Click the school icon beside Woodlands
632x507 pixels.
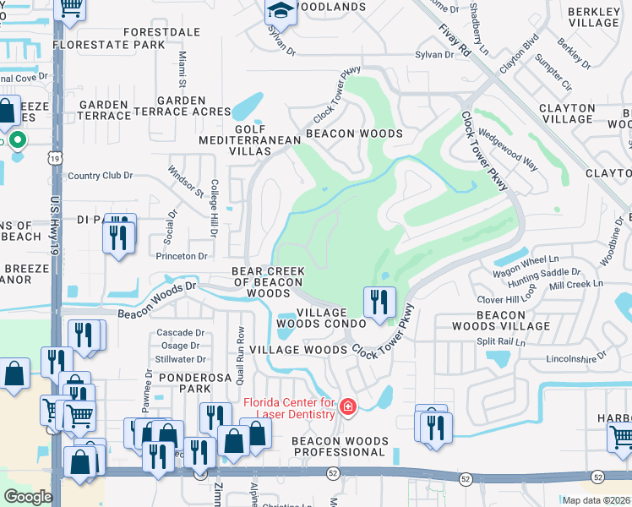pyautogui.click(x=280, y=11)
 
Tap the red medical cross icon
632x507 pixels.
pyautogui.click(x=346, y=408)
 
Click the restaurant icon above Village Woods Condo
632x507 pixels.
pyautogui.click(x=379, y=302)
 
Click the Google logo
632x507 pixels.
pyautogui.click(x=28, y=496)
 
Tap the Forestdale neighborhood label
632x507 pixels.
pyautogui.click(x=145, y=31)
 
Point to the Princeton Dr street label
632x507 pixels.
pyautogui.click(x=181, y=256)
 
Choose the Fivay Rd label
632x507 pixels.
pyautogui.click(x=454, y=40)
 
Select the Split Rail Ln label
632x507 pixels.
pyautogui.click(x=501, y=342)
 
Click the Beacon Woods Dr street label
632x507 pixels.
pyautogui.click(x=156, y=300)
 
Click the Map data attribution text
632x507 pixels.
pyautogui.click(x=596, y=500)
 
